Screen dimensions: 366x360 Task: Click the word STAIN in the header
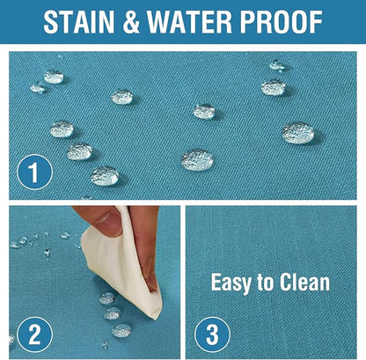click(x=78, y=22)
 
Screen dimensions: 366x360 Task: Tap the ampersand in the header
click(x=131, y=22)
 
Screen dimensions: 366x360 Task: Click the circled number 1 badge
click(x=34, y=173)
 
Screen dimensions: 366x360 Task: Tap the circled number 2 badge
click(x=34, y=334)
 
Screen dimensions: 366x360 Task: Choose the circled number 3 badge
click(x=212, y=334)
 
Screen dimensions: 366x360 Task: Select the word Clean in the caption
click(x=304, y=282)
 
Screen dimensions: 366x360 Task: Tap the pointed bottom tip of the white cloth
click(x=157, y=318)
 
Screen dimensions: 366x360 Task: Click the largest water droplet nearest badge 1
click(x=105, y=176)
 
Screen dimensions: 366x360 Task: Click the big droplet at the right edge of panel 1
click(x=298, y=133)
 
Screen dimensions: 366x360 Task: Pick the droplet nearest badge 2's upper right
click(x=121, y=330)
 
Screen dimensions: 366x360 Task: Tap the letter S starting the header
click(x=50, y=22)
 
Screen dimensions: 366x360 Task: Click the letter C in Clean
click(x=286, y=282)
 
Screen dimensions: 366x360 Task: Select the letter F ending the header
click(x=316, y=22)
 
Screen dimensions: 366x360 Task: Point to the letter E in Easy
click(x=216, y=283)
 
